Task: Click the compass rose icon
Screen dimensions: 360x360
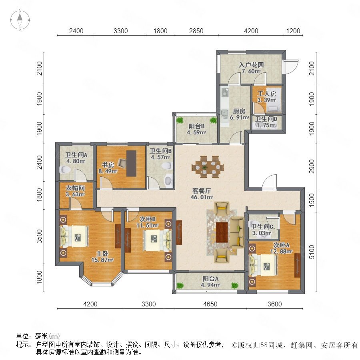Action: click(20, 20)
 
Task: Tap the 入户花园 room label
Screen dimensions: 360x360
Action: click(251, 65)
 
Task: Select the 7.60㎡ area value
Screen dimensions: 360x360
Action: click(251, 71)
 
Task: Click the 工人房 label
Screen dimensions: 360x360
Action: click(266, 94)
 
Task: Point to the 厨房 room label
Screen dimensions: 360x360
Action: click(239, 111)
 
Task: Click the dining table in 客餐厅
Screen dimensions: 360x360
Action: click(208, 167)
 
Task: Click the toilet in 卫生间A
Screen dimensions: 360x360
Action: click(65, 170)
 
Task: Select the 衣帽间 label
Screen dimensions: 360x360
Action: click(75, 188)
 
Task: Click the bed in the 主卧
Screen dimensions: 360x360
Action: click(74, 236)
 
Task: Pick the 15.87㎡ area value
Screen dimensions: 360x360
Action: click(102, 260)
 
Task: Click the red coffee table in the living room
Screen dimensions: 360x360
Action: click(222, 232)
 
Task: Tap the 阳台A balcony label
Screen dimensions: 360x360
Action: click(210, 279)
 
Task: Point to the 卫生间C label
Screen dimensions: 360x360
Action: click(262, 227)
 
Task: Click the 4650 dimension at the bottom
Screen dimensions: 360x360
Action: click(210, 304)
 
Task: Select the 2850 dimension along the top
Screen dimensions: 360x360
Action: click(196, 31)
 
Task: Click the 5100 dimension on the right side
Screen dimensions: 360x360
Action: click(312, 252)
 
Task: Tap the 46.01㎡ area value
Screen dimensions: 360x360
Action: click(202, 197)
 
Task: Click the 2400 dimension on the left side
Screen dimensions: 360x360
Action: click(40, 162)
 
